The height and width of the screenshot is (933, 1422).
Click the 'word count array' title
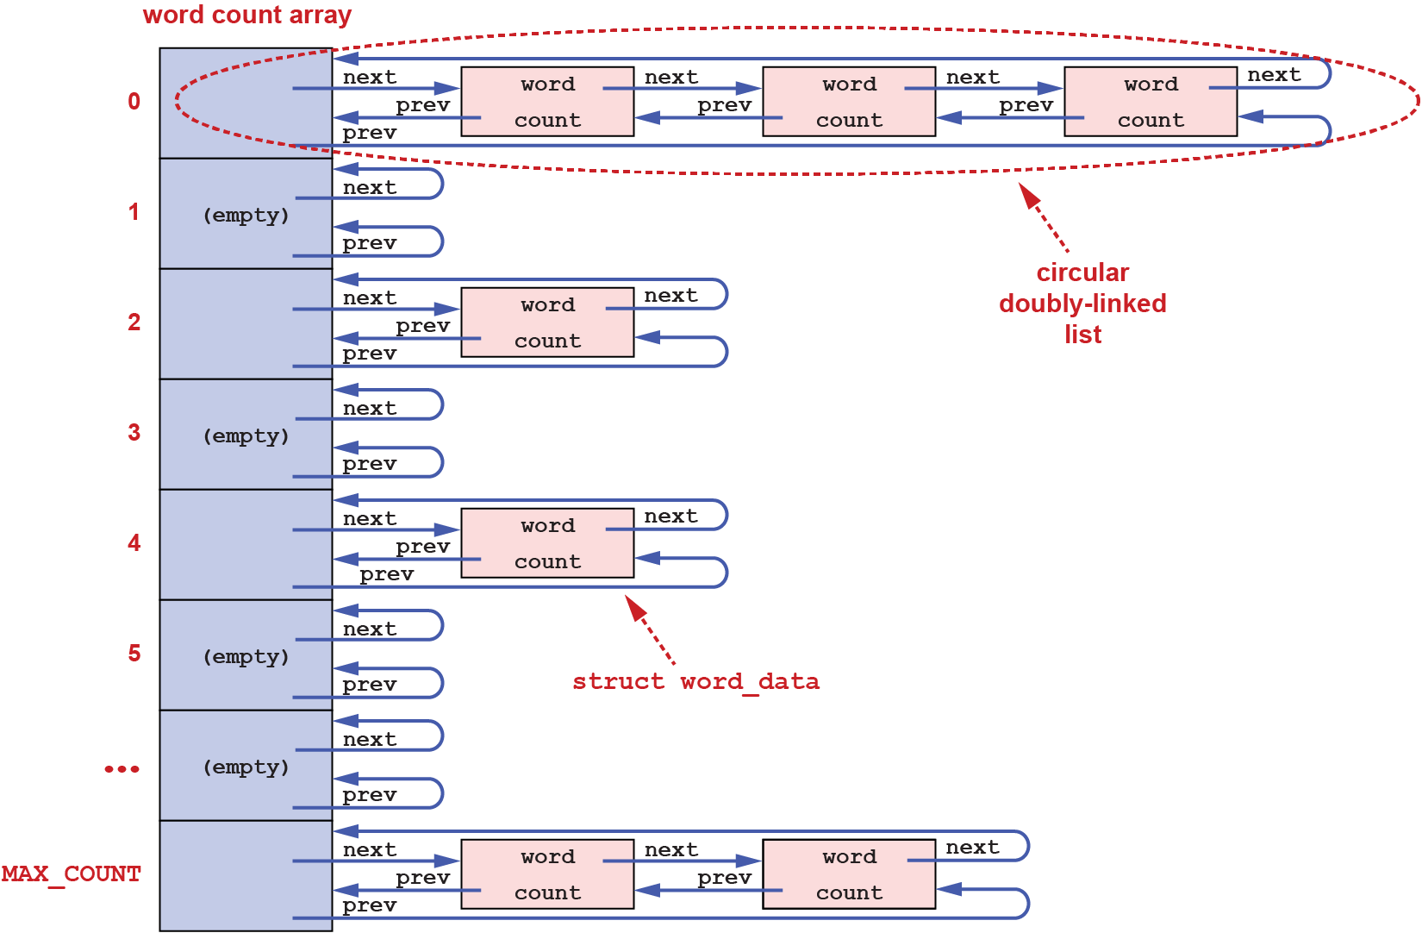(x=247, y=16)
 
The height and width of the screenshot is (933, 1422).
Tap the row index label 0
(x=134, y=102)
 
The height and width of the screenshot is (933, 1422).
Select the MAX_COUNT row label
(x=71, y=874)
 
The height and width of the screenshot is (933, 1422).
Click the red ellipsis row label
(x=122, y=768)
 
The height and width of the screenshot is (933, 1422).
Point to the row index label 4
(x=134, y=543)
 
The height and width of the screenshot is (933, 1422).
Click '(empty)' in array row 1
(x=246, y=216)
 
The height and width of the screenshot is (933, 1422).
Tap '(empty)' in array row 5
(x=246, y=657)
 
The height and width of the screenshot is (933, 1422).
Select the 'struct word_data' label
(x=695, y=681)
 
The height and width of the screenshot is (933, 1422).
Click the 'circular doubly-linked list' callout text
(x=1082, y=304)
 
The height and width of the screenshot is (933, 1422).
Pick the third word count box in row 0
(x=1151, y=102)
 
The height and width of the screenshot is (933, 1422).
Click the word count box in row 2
(x=547, y=322)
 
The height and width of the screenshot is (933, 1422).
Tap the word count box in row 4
(x=547, y=543)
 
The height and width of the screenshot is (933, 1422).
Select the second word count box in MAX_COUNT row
(x=849, y=874)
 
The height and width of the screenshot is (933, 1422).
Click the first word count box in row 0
(x=547, y=102)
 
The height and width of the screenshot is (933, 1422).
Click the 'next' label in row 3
(x=370, y=408)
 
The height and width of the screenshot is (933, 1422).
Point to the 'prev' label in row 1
(x=370, y=243)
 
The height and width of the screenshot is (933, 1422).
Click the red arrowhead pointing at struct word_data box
(x=636, y=608)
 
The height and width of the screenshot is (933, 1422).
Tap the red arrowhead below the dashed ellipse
(x=1030, y=196)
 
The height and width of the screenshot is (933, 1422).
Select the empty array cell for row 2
(x=246, y=323)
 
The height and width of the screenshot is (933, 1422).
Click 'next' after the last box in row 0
(x=1274, y=75)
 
